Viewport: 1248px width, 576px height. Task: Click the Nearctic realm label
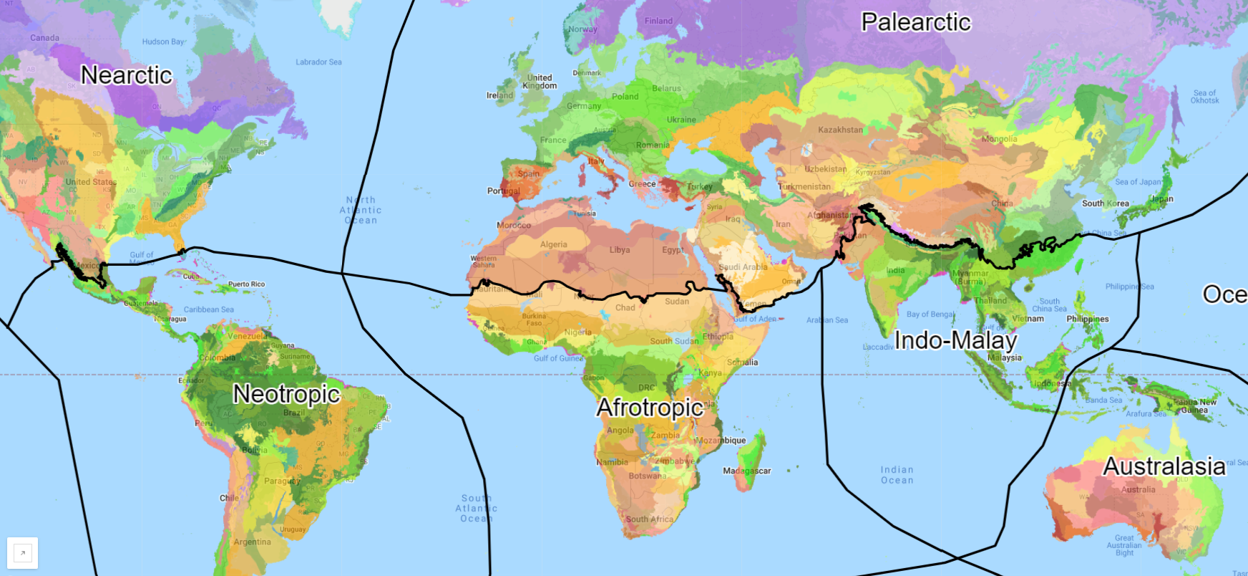(127, 75)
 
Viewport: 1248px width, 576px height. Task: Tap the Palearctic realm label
(916, 22)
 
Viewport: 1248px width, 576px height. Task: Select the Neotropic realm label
(286, 394)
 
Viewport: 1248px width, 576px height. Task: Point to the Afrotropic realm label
(650, 408)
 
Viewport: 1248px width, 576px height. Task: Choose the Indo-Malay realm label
(956, 340)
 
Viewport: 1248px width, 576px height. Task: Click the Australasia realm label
(1164, 466)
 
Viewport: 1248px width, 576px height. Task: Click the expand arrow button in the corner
(22, 553)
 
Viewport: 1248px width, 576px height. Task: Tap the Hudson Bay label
(163, 42)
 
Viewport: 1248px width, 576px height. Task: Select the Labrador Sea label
(318, 62)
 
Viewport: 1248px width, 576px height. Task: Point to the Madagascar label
(747, 471)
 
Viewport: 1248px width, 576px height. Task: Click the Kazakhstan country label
(841, 130)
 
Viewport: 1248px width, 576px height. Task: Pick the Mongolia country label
(999, 139)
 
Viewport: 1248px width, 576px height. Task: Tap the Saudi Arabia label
(743, 267)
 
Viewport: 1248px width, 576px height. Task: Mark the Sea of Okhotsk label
(1205, 97)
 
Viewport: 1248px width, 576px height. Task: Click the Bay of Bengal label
(930, 315)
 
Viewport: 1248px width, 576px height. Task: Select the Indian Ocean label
(897, 475)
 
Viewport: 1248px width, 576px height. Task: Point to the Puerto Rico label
(246, 284)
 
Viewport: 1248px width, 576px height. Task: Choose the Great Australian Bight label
(1124, 545)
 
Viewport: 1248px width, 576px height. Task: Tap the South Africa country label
(650, 519)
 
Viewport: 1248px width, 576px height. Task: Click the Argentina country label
(252, 542)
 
